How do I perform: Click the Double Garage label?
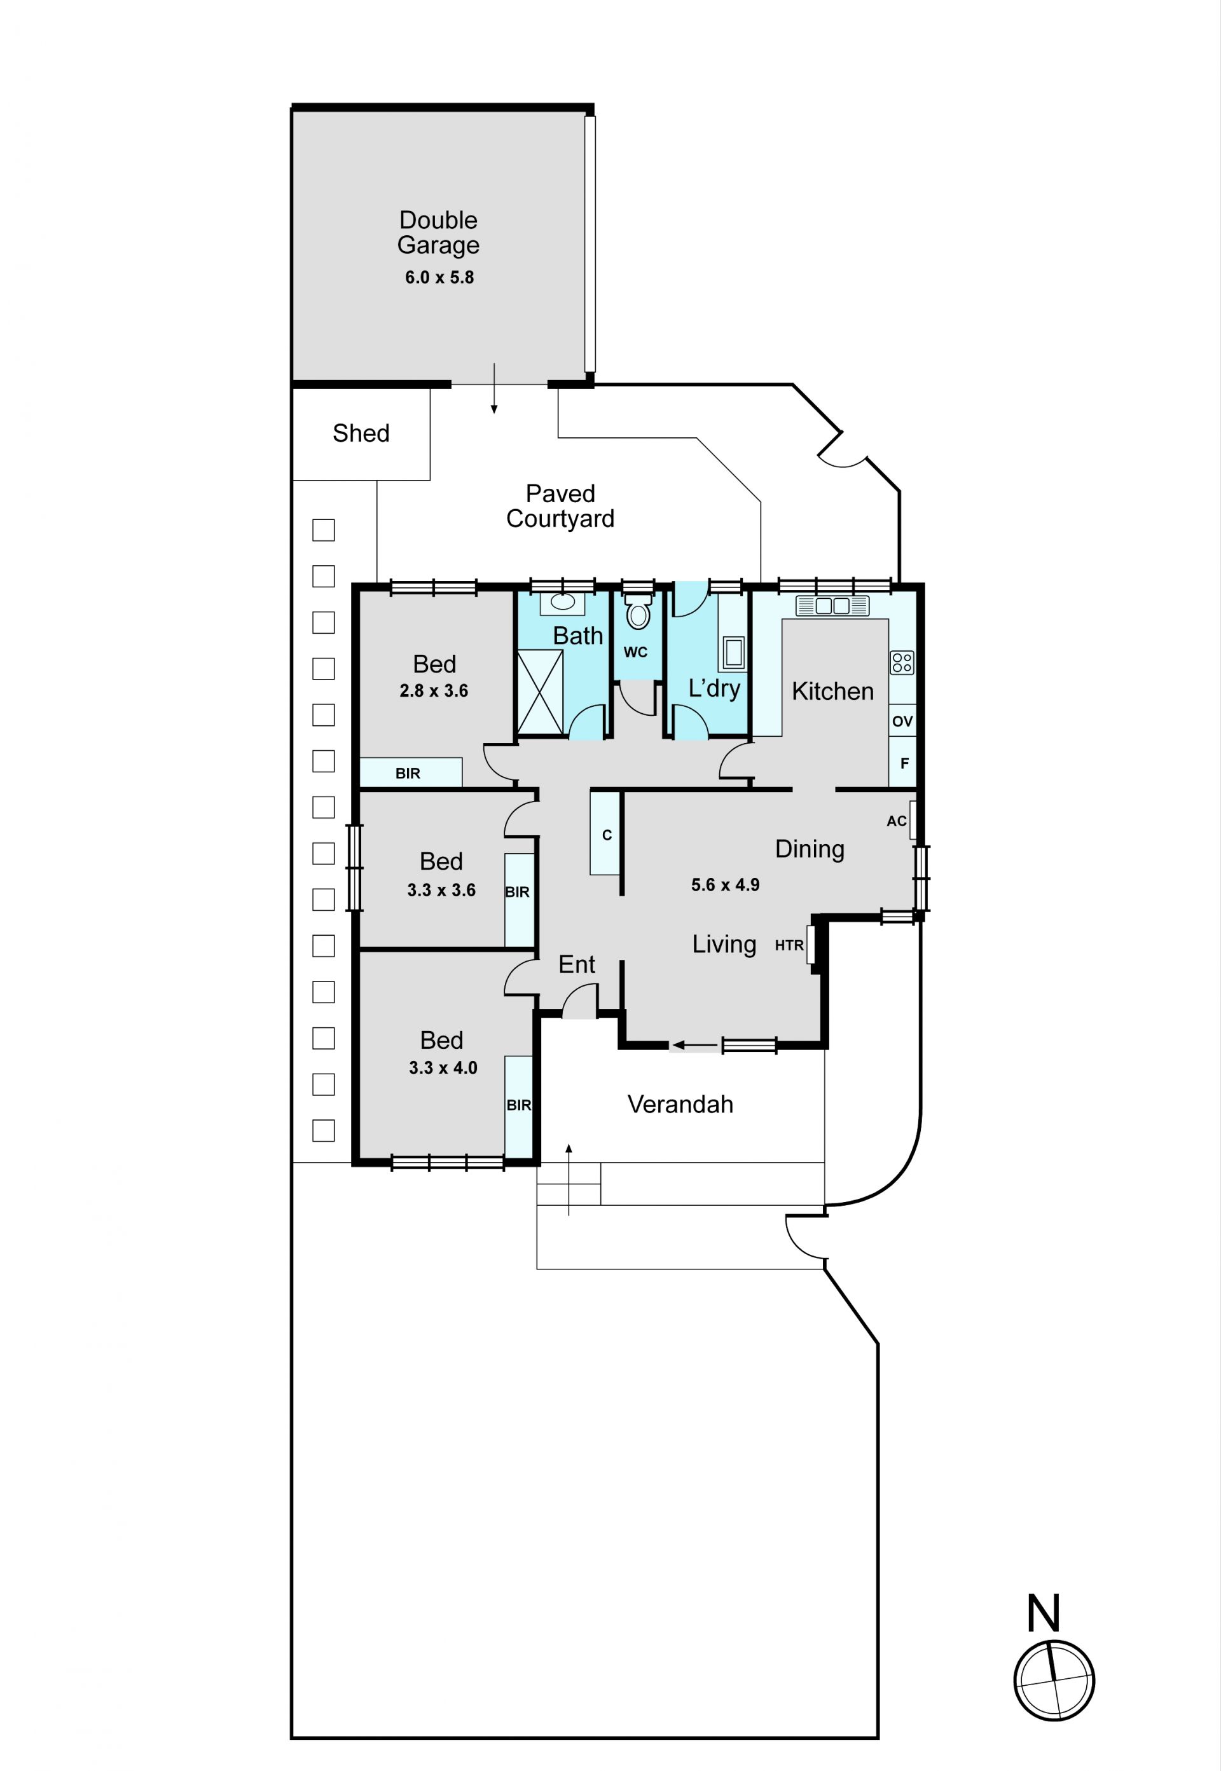click(x=438, y=233)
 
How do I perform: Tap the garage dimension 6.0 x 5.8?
click(x=439, y=278)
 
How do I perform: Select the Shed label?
click(x=361, y=433)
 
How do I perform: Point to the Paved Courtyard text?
click(x=560, y=506)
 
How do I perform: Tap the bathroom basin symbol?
click(x=563, y=603)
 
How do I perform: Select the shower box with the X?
click(x=540, y=692)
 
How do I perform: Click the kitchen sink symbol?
click(x=832, y=606)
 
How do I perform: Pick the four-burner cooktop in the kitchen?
click(x=902, y=662)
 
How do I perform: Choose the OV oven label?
click(x=903, y=720)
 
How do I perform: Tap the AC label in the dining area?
click(x=897, y=821)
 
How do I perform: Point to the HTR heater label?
click(x=789, y=945)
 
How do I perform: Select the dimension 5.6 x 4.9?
click(x=725, y=885)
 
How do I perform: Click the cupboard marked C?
click(x=605, y=833)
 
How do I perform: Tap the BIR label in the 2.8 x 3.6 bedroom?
click(x=408, y=773)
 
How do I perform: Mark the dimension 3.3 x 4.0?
click(x=443, y=1067)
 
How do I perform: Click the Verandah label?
click(x=680, y=1104)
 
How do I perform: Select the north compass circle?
click(x=1054, y=1680)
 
